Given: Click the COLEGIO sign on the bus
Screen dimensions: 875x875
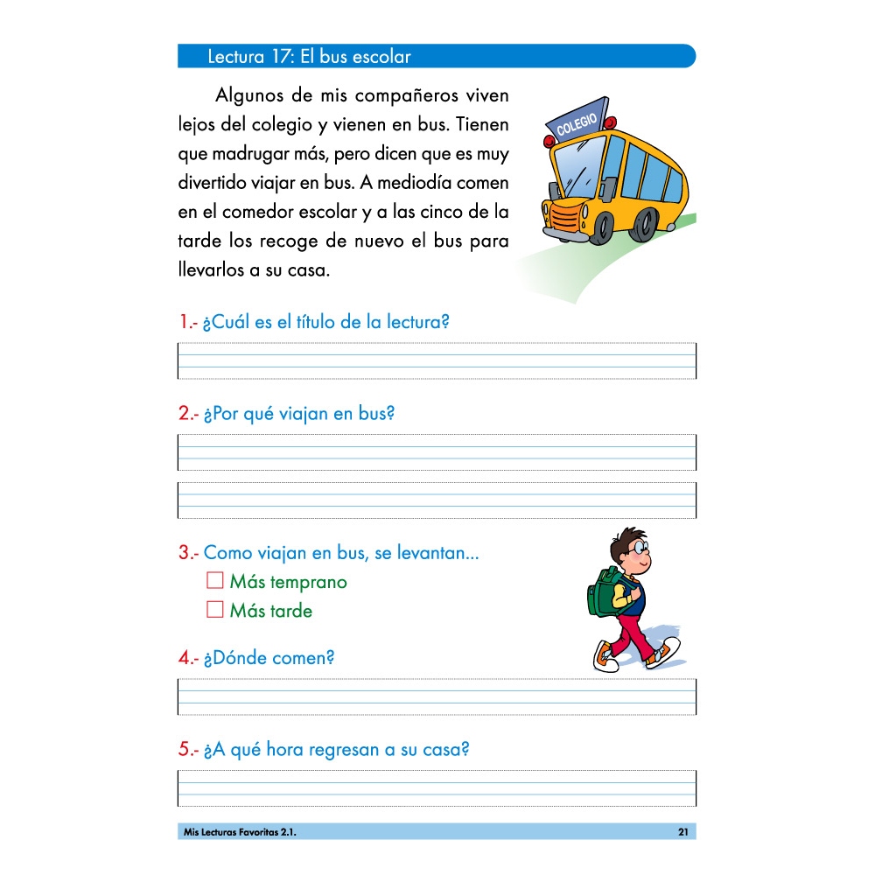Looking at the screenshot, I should (577, 122).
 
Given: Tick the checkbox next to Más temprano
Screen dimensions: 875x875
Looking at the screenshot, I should (215, 580).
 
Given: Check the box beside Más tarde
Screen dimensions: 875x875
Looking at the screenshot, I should (215, 610).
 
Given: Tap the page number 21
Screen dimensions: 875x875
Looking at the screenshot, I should (682, 832).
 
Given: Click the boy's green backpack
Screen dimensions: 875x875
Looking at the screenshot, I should (601, 591).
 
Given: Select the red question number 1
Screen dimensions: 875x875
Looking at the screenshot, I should (185, 322).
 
